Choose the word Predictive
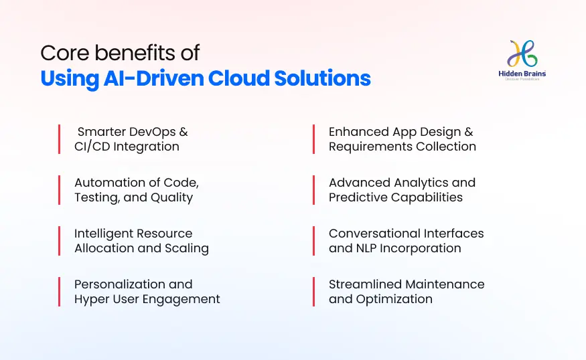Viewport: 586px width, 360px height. (x=357, y=197)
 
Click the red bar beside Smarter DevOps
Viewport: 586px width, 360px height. (x=59, y=139)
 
